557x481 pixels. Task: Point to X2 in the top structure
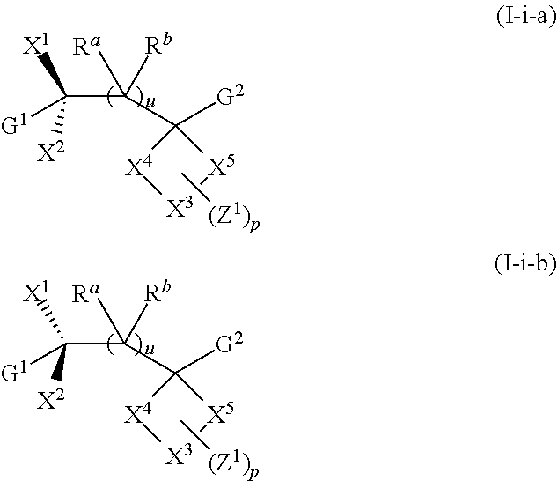tap(50, 152)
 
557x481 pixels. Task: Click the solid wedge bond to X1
tap(54, 74)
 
